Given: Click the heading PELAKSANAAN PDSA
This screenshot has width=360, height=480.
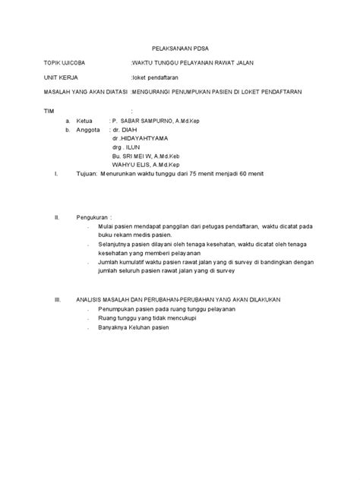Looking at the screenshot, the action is [179, 46].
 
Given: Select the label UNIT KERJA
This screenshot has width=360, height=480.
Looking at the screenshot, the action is [60, 77].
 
